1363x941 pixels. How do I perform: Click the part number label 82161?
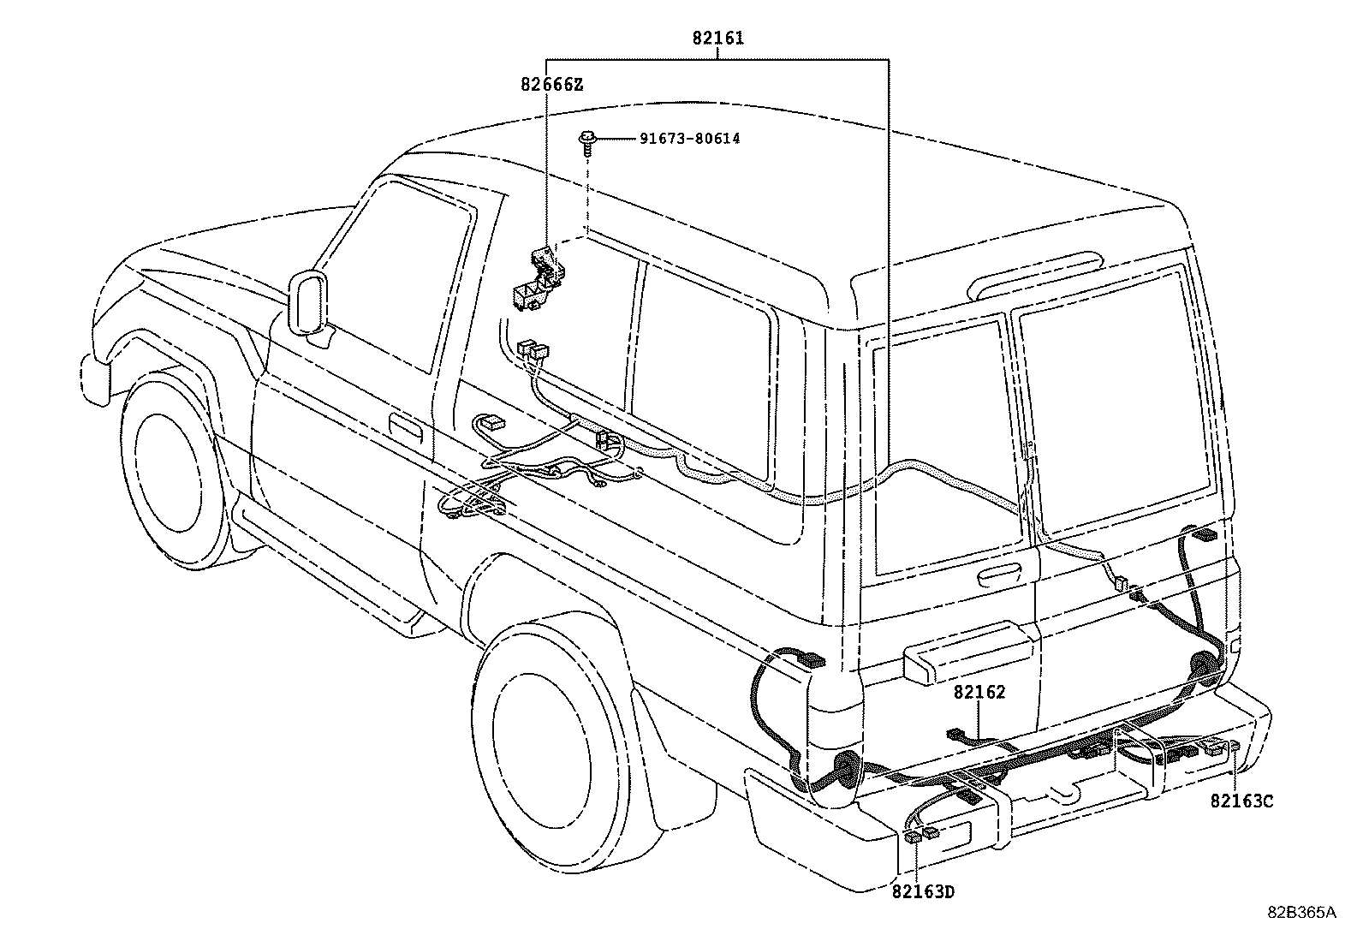click(717, 39)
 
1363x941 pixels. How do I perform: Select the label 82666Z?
click(551, 84)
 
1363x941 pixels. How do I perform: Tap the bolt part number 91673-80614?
click(689, 139)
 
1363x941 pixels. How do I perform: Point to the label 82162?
click(979, 693)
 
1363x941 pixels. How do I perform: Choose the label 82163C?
click(1241, 801)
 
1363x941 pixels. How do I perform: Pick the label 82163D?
click(923, 892)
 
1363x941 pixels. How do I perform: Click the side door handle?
click(405, 426)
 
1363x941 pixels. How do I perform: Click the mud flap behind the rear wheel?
click(676, 771)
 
